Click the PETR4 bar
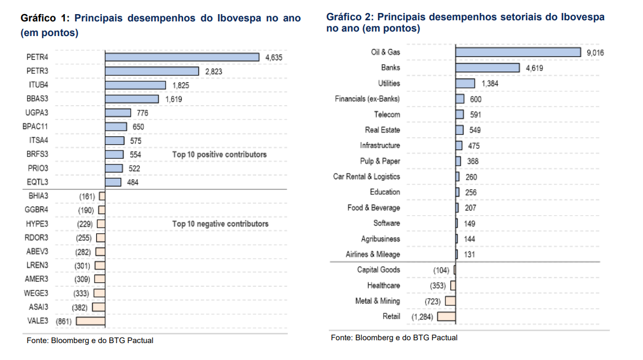click(x=182, y=57)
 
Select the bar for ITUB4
click(x=135, y=85)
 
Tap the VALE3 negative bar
click(x=91, y=321)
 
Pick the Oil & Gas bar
click(x=518, y=52)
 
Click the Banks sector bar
click(x=488, y=68)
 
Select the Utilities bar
click(x=465, y=83)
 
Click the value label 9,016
click(x=595, y=52)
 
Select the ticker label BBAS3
click(x=37, y=99)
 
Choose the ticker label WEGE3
click(x=36, y=293)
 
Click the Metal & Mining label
click(x=377, y=301)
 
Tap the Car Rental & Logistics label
click(x=367, y=176)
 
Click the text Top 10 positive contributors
click(x=220, y=154)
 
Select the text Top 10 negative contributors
click(x=220, y=224)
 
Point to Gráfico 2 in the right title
click(x=350, y=17)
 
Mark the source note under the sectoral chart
click(x=394, y=337)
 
